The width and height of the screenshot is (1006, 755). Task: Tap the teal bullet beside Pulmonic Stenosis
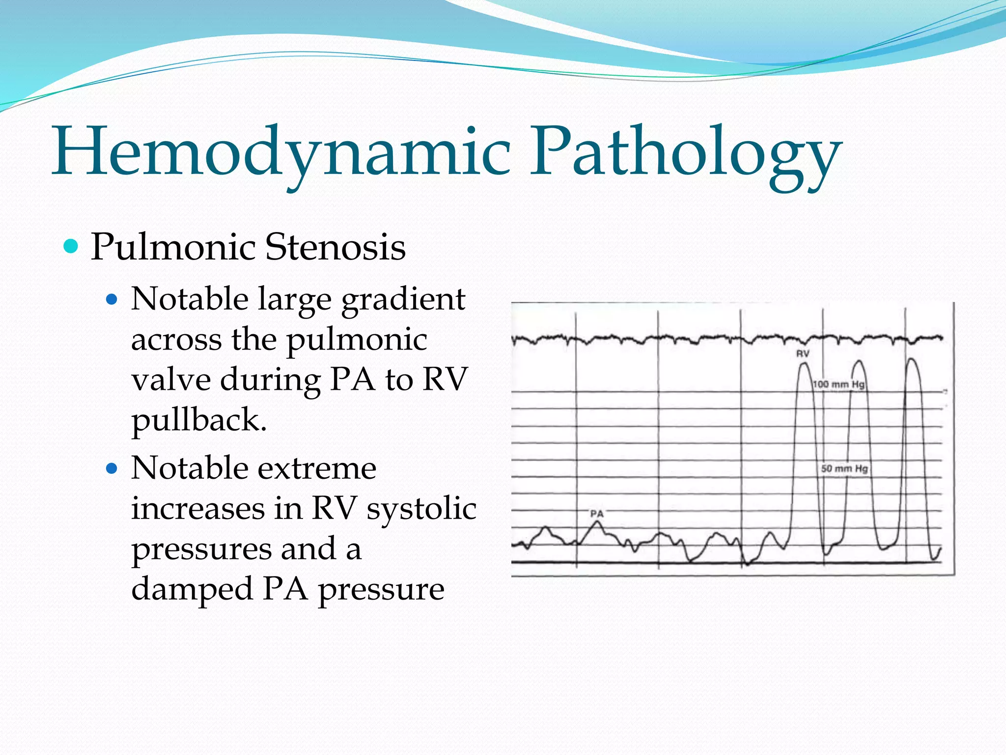coord(71,246)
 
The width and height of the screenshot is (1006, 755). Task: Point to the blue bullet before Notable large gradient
coord(112,299)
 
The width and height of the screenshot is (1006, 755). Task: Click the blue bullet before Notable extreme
coord(112,468)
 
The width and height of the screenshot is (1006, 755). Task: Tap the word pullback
coord(199,421)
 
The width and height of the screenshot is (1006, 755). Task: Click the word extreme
coord(315,468)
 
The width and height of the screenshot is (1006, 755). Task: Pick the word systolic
coord(421,509)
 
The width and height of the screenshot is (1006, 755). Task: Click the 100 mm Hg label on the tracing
coord(838,384)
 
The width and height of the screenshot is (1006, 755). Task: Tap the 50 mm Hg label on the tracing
coord(844,468)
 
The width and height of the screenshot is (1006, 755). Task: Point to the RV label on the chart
coord(803,353)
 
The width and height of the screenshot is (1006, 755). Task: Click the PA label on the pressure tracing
coord(597,514)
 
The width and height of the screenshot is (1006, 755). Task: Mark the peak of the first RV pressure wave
coord(804,364)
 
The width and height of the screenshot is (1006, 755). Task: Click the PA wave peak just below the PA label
coord(597,523)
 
